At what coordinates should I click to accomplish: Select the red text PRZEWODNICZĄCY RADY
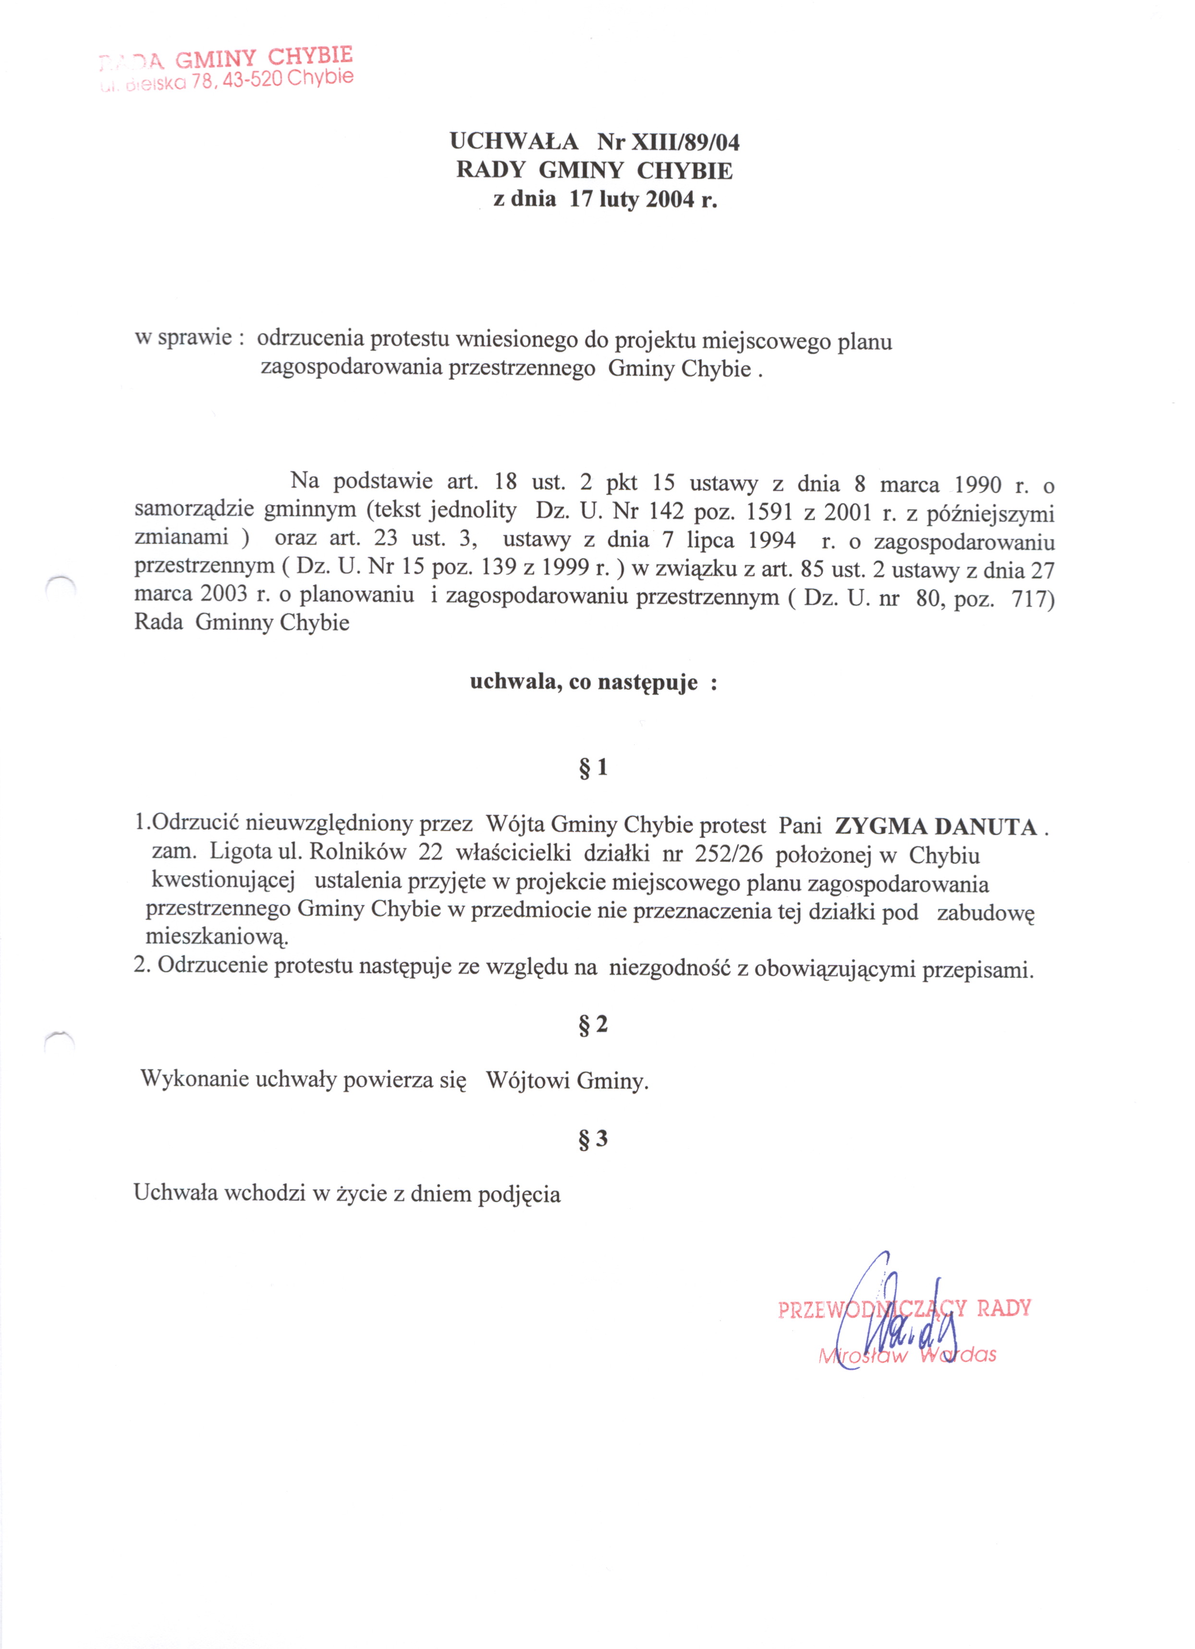[904, 1309]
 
